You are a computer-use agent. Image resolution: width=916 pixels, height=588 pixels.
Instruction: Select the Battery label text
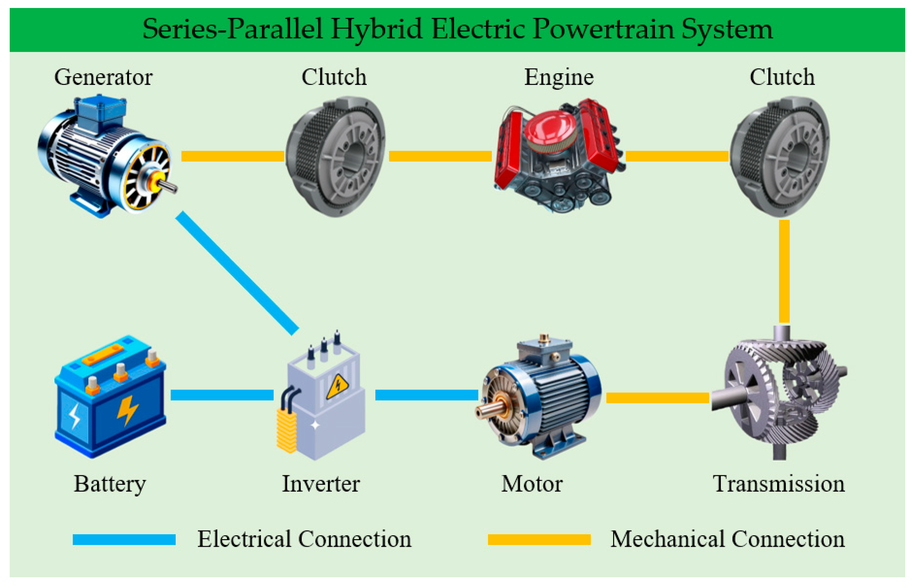pyautogui.click(x=110, y=484)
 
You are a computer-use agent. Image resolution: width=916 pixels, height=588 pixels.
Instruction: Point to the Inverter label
pyautogui.click(x=321, y=484)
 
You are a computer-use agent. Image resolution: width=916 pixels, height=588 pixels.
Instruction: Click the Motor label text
pyautogui.click(x=532, y=484)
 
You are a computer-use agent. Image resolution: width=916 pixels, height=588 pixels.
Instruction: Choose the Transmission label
pyautogui.click(x=779, y=484)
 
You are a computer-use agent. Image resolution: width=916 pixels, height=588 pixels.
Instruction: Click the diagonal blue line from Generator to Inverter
pyautogui.click(x=237, y=273)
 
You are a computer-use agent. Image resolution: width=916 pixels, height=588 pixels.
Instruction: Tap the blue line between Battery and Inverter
pyautogui.click(x=222, y=395)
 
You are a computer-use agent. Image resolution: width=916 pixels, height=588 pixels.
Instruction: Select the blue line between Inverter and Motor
pyautogui.click(x=426, y=395)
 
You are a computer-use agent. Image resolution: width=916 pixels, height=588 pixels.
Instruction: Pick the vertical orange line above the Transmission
pyautogui.click(x=784, y=271)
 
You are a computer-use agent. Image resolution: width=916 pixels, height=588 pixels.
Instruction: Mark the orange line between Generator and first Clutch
pyautogui.click(x=233, y=156)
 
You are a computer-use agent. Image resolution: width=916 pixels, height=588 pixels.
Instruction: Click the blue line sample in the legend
pyautogui.click(x=124, y=539)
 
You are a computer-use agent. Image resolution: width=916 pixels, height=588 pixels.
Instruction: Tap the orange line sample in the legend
pyautogui.click(x=539, y=539)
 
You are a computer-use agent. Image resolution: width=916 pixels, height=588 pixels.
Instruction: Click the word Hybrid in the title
pyautogui.click(x=376, y=29)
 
